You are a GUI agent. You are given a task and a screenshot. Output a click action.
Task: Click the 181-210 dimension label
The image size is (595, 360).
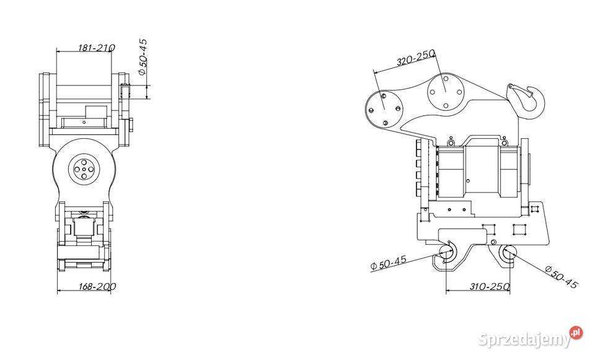click(97, 48)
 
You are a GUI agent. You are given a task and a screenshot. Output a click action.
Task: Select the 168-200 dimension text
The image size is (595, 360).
click(97, 286)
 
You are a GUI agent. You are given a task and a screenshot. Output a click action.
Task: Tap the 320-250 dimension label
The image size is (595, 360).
click(415, 58)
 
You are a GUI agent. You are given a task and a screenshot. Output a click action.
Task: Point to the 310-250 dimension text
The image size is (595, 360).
click(490, 286)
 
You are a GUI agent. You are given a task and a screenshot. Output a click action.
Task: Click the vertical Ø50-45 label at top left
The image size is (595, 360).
click(143, 57)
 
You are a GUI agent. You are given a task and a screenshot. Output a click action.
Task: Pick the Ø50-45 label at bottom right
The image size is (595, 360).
click(562, 277)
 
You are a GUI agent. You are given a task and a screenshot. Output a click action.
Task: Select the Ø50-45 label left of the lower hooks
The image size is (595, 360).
click(388, 263)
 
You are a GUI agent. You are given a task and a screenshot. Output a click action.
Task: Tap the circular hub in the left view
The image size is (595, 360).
click(84, 169)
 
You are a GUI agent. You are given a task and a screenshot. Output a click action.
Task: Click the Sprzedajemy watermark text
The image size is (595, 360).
click(524, 339)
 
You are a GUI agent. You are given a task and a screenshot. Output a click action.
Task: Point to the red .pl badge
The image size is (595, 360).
click(576, 333)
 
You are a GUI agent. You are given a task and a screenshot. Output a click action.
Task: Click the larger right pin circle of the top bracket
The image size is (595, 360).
click(446, 92)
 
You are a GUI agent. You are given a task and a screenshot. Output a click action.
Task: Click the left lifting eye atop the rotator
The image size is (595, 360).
click(451, 141)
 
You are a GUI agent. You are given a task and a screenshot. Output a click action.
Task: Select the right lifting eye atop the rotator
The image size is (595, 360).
click(504, 141)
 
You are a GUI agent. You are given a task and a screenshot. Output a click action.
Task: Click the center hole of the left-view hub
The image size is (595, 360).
click(84, 169)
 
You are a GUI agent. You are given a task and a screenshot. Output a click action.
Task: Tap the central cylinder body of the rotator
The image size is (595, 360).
click(481, 172)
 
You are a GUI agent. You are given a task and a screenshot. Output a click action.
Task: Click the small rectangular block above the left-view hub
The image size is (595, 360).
click(96, 112)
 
